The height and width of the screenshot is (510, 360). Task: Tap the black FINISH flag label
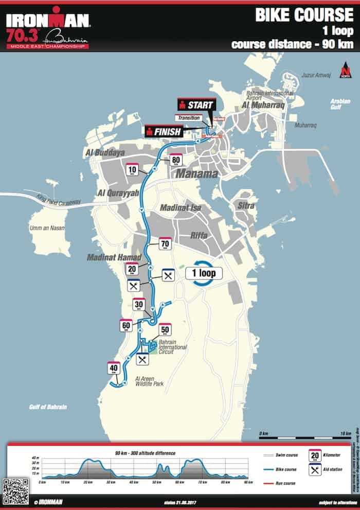[164, 131]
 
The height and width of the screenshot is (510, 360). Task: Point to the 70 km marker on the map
[165, 244]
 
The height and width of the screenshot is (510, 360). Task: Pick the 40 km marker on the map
[114, 368]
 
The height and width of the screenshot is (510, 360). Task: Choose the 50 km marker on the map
[165, 330]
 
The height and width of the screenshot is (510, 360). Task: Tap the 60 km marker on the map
[126, 325]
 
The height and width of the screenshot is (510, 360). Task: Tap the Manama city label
[197, 174]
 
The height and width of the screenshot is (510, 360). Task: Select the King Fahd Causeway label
[60, 201]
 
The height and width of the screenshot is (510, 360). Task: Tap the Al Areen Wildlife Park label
[149, 381]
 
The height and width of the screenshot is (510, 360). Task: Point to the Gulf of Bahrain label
[48, 407]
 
